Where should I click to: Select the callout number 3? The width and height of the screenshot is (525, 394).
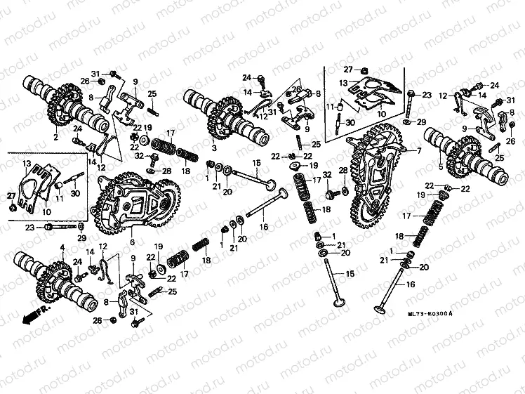click(x=213, y=149)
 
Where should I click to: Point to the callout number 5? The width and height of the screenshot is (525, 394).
click(x=441, y=167)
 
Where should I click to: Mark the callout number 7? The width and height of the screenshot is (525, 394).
click(x=420, y=150)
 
